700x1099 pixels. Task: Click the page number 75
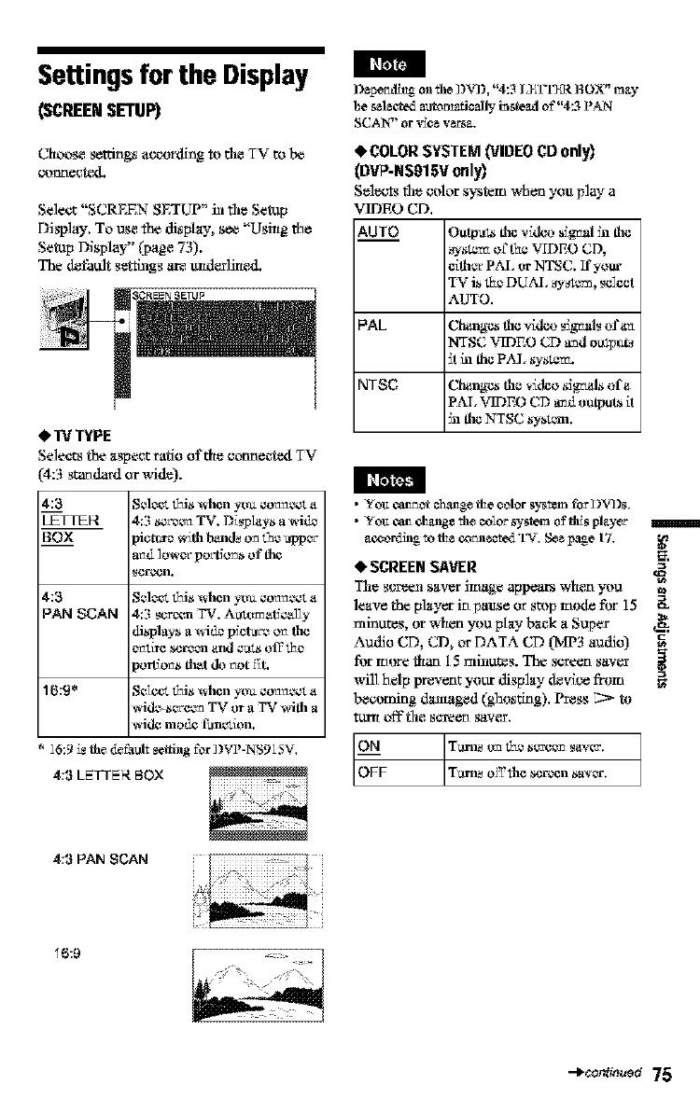click(663, 1067)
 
